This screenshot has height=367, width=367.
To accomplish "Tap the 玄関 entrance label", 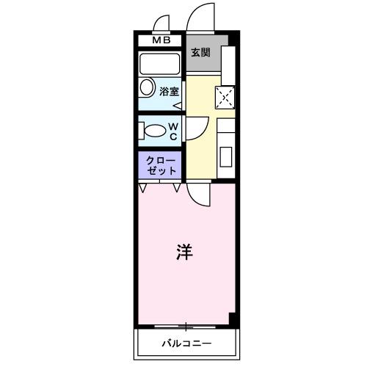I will tap(200, 52).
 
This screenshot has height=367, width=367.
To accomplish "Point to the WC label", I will tap(173, 131).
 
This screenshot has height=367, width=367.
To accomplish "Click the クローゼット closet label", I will tap(161, 165).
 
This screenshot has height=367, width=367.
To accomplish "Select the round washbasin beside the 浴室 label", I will tap(146, 91).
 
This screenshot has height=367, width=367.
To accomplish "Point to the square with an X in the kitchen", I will tap(225, 96).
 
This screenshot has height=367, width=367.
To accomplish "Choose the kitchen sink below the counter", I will tap(226, 156).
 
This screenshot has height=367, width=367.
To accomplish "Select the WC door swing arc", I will tap(194, 129).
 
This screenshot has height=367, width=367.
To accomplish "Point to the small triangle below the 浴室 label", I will tap(178, 104).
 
